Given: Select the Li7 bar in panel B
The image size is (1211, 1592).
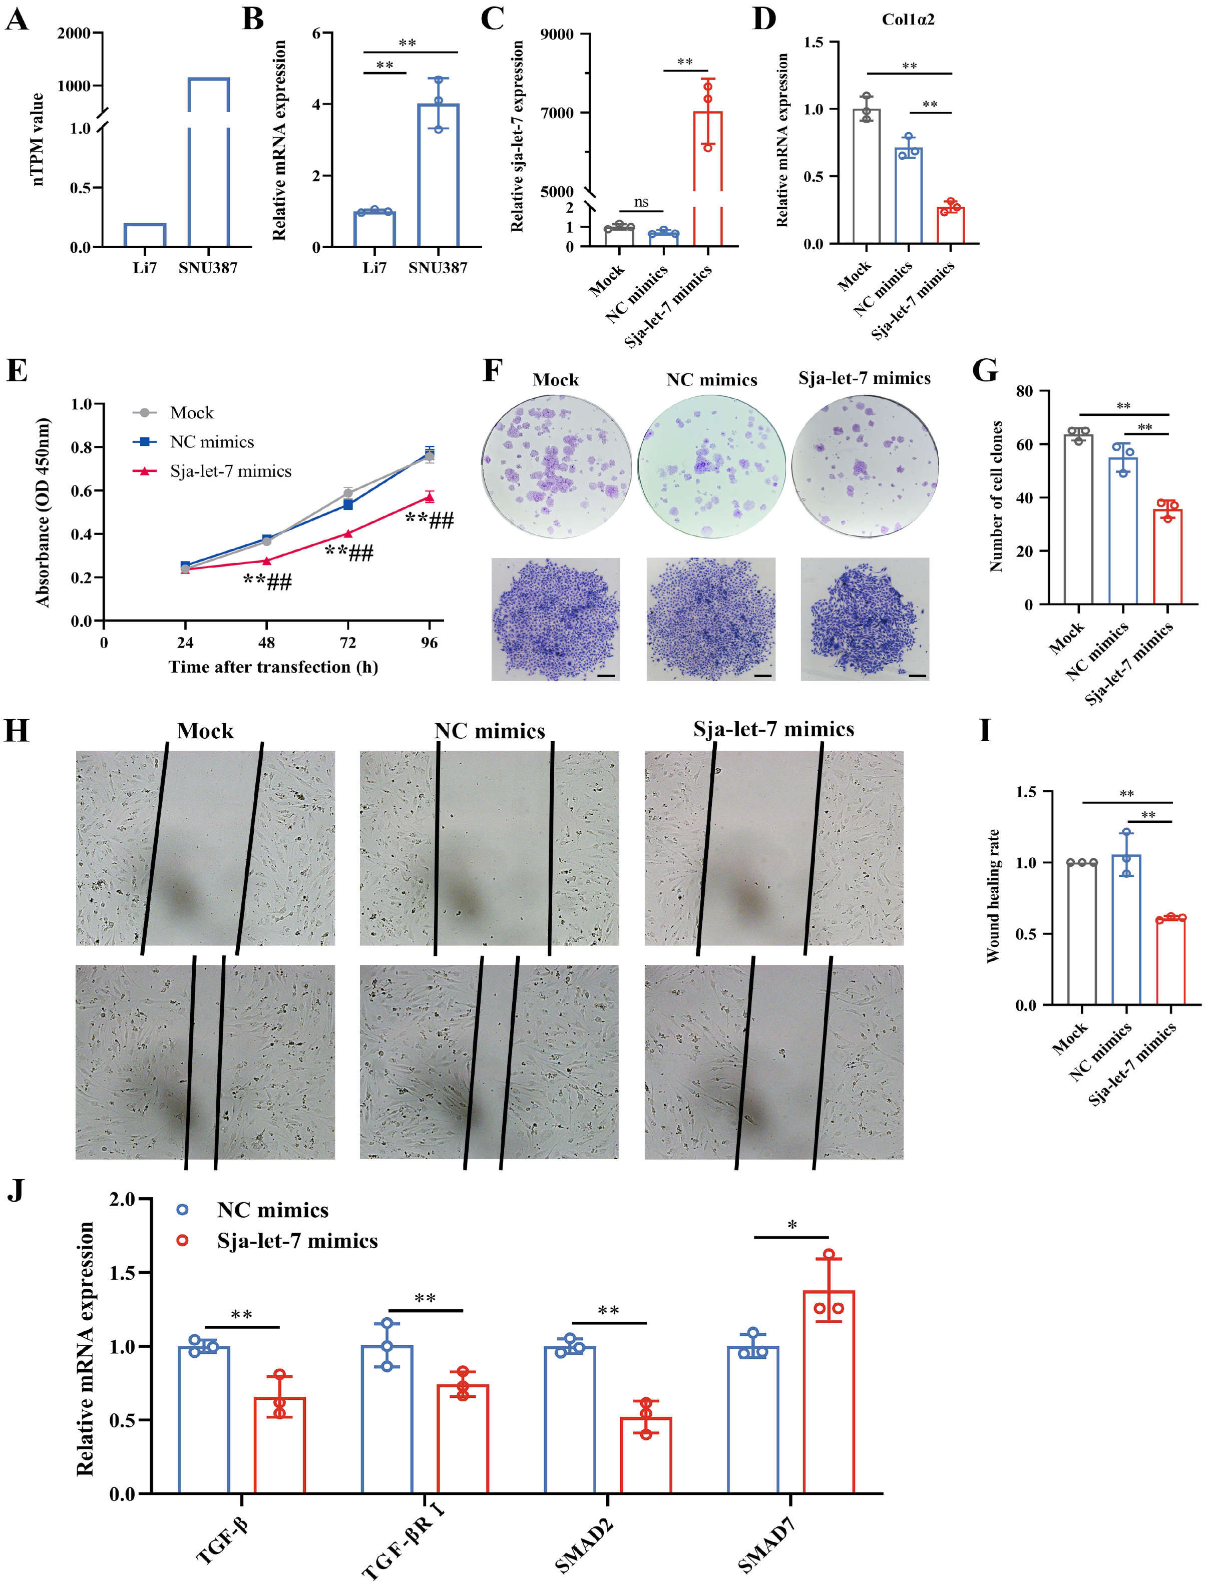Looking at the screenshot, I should pos(374,229).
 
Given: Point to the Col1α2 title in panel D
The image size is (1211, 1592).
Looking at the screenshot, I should pos(908,20).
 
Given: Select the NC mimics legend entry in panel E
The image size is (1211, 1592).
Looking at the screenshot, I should pos(211,442).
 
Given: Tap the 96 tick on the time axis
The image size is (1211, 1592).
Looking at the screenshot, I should pos(429,643).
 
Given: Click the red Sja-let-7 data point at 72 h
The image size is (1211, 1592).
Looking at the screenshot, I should pos(348,534).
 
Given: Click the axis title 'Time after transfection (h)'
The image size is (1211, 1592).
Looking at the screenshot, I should pos(273,667).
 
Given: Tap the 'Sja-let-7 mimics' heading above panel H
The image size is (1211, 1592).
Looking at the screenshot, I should pos(773,729).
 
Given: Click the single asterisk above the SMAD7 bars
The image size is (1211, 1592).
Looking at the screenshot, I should pos(792,1225).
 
